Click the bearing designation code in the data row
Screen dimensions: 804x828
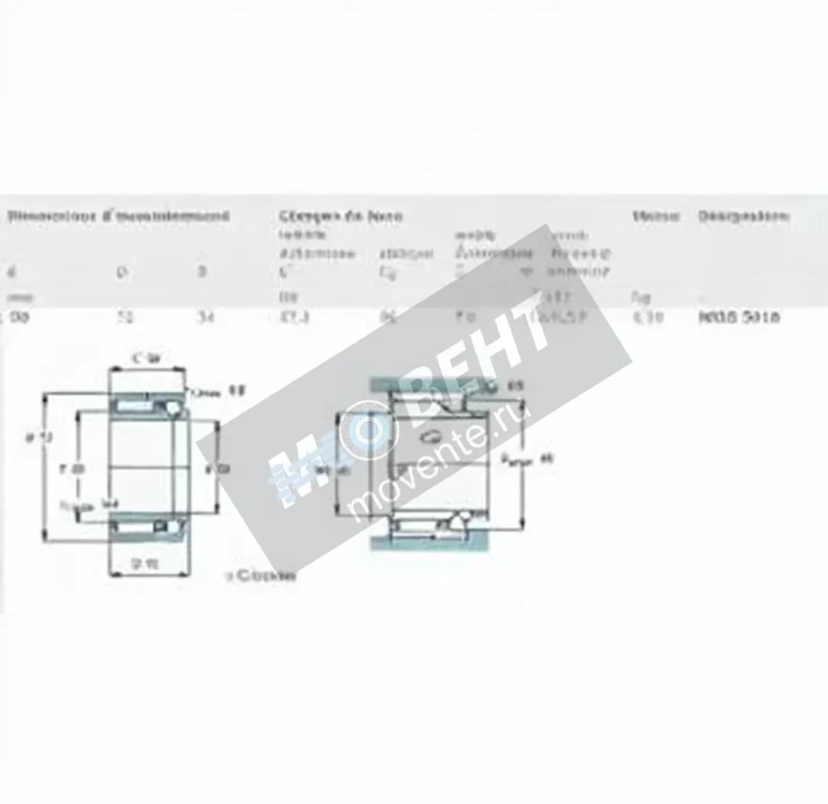pyautogui.click(x=739, y=318)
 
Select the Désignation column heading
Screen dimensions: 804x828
pyautogui.click(x=743, y=217)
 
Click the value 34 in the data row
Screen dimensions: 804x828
pyautogui.click(x=204, y=318)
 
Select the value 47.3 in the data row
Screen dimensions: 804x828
pyautogui.click(x=290, y=318)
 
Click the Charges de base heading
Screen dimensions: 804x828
pyautogui.click(x=341, y=217)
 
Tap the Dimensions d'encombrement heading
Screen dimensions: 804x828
pyautogui.click(x=118, y=217)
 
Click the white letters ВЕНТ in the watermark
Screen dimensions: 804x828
pyautogui.click(x=476, y=359)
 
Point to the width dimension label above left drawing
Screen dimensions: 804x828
pyautogui.click(x=146, y=358)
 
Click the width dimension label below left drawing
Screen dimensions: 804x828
pyautogui.click(x=146, y=564)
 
